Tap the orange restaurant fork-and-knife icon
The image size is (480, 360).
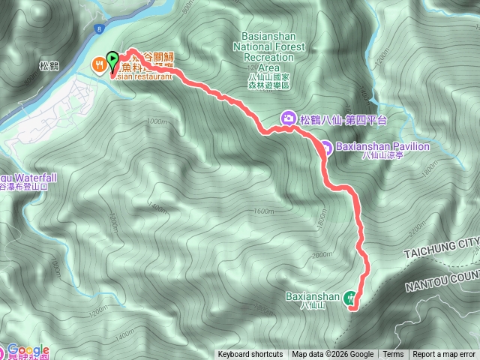pos(98,65)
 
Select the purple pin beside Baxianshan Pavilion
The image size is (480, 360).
pos(326,147)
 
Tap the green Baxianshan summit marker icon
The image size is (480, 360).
pos(350,298)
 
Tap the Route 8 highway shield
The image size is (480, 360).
pos(98,28)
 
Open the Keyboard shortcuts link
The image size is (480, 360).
pos(250,355)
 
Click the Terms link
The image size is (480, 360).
pos(393,355)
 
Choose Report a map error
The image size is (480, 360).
pos(444,355)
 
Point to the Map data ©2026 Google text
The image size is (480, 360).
pos(332,355)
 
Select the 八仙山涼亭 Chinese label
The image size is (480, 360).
pos(379,157)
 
